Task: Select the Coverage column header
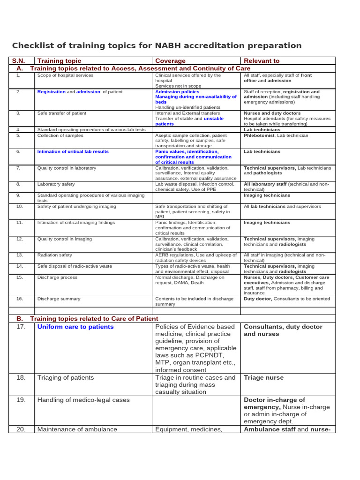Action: point(170,61)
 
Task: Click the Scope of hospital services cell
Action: point(65,75)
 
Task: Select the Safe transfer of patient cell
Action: point(61,113)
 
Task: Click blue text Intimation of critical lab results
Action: point(73,152)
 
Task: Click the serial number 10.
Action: point(19,206)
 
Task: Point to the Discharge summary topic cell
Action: point(59,299)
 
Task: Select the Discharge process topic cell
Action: point(57,277)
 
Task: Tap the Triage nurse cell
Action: point(263,377)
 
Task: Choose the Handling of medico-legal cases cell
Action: point(83,400)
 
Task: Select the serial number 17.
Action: point(21,327)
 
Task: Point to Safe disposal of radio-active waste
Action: point(75,266)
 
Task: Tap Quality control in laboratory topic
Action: point(67,168)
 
